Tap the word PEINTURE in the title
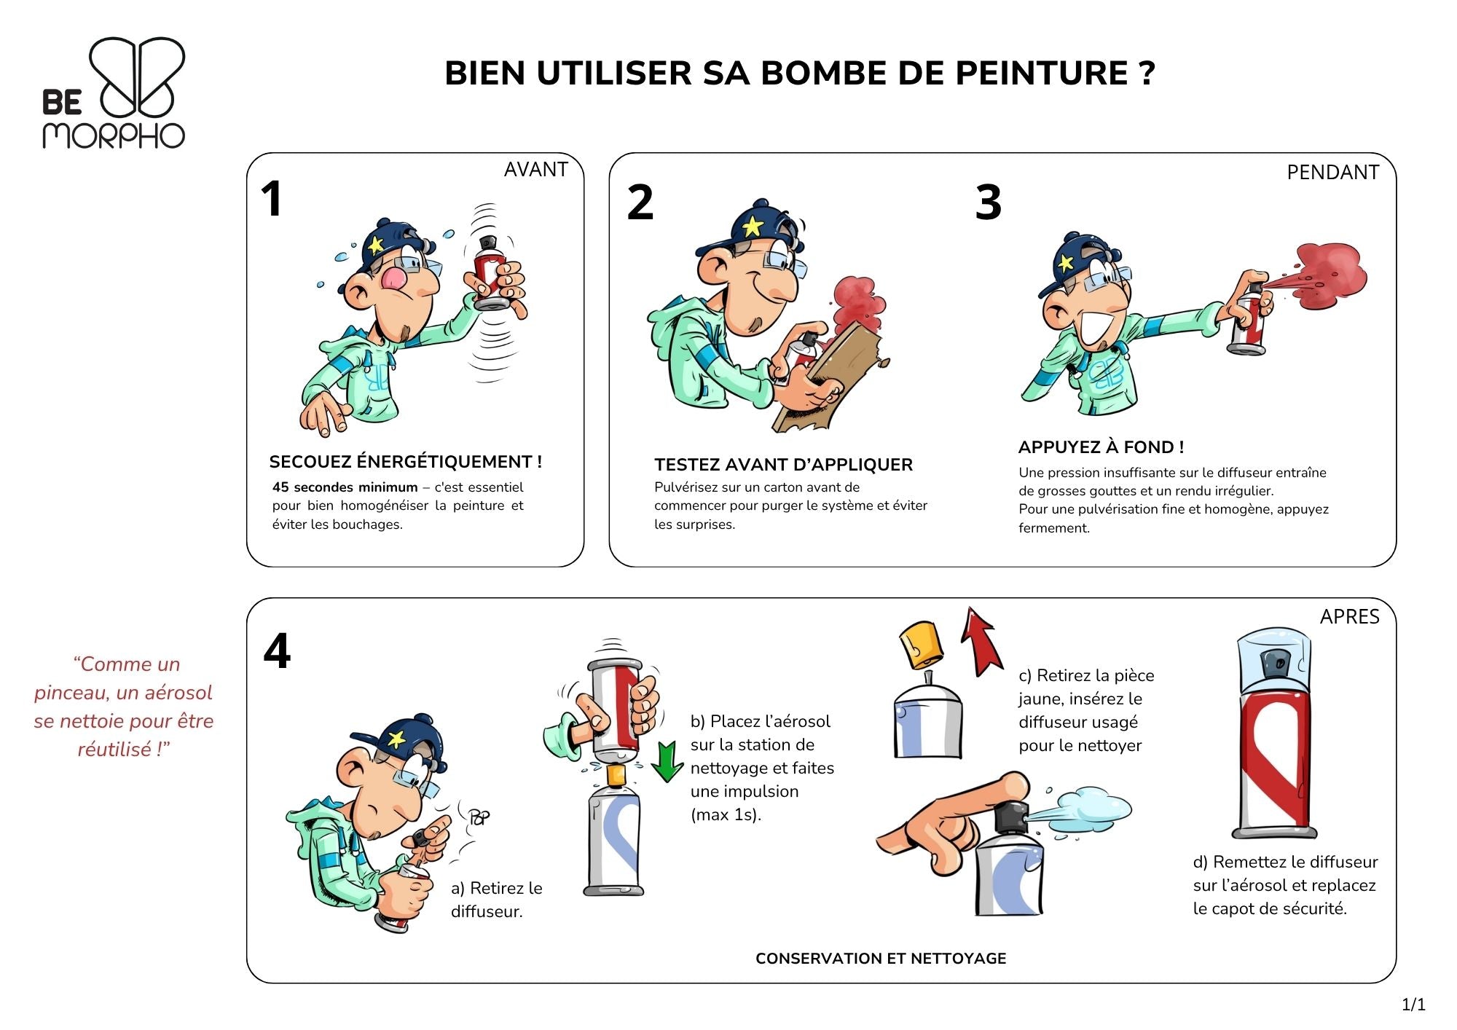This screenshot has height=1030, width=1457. click(1041, 74)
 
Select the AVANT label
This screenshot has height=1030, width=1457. click(535, 169)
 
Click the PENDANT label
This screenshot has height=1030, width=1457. click(1332, 173)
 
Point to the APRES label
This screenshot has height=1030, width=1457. click(1349, 617)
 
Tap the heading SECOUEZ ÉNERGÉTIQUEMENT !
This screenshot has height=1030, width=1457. click(405, 462)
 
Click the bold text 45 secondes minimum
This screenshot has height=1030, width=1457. click(345, 487)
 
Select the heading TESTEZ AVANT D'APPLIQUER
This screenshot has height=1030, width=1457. click(783, 465)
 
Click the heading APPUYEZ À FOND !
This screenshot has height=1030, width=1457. click(1100, 447)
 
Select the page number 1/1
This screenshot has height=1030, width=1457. click(1413, 1005)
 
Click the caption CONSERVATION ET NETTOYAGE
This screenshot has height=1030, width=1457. click(881, 959)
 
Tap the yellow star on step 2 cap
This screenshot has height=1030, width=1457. click(752, 227)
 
